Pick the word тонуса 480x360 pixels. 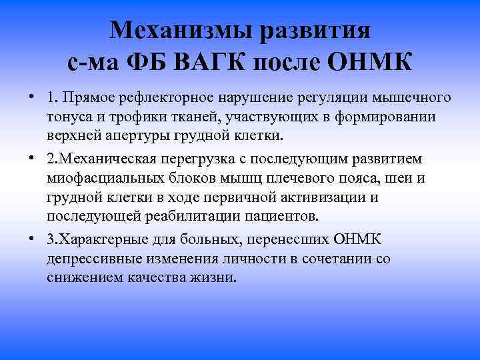pos(69,117)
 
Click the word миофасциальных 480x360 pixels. pos(101,179)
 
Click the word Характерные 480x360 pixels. pos(108,239)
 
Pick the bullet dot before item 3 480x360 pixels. pos(31,239)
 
